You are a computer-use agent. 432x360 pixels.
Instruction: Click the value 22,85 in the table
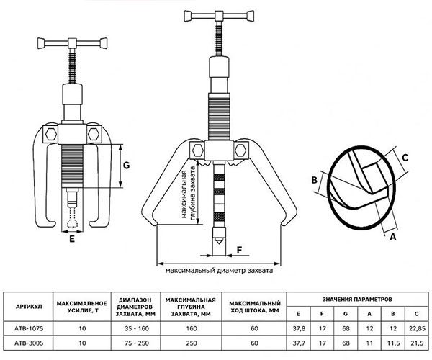pos(417,329)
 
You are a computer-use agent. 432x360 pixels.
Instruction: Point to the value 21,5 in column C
pos(417,343)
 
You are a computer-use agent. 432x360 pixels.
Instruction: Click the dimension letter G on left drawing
pos(125,166)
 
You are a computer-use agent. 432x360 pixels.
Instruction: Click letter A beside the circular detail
pos(393,234)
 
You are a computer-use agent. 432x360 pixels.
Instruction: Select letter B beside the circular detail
pos(315,181)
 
